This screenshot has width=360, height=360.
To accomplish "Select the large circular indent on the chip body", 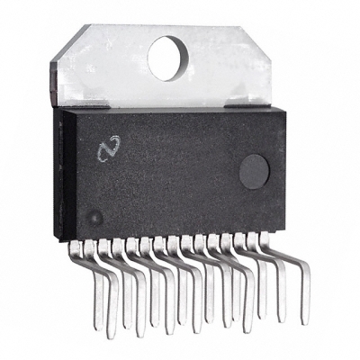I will [254, 170].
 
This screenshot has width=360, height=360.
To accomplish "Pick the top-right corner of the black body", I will [285, 108].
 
